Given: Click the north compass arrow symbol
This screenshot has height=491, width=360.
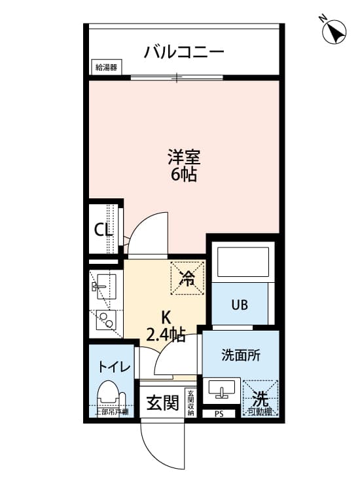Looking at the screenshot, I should click(335, 31).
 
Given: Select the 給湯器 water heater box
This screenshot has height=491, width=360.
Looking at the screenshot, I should click(105, 67).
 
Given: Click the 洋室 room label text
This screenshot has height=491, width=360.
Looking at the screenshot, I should click(183, 157).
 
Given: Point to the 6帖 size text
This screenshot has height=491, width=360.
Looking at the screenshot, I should click(183, 175).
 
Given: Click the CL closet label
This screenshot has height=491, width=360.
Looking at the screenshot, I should click(102, 230).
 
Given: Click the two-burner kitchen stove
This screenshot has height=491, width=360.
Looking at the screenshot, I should click(105, 320).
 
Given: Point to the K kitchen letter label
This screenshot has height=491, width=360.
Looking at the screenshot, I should click(166, 318).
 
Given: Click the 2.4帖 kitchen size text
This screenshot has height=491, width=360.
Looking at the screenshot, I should click(166, 335).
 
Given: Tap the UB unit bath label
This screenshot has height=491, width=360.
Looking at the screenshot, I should click(238, 304).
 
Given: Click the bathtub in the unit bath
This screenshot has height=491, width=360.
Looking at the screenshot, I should click(243, 261).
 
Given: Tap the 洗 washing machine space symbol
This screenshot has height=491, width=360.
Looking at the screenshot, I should click(261, 397).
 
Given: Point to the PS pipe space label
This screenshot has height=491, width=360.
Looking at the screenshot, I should click(219, 414).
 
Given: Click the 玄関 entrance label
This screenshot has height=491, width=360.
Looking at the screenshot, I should click(162, 403).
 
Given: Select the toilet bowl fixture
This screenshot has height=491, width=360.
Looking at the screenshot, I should click(109, 395).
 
